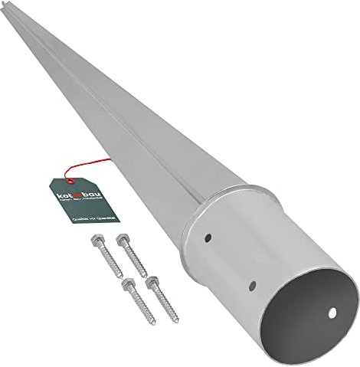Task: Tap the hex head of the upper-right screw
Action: (x=120, y=240)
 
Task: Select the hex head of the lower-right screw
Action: (x=151, y=281)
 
